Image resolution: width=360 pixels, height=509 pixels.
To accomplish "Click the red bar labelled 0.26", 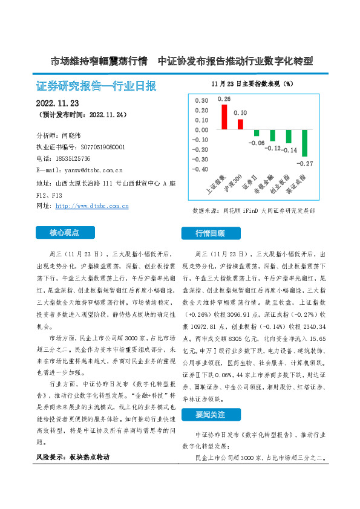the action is coord(224,117).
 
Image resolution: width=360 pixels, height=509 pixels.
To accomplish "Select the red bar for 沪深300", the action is coord(240,124).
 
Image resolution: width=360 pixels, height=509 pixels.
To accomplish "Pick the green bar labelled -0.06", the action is coord(257,133).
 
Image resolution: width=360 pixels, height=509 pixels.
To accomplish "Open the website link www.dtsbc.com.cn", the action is coord(92,206).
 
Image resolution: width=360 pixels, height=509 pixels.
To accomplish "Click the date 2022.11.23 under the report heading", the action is coord(58,103).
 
